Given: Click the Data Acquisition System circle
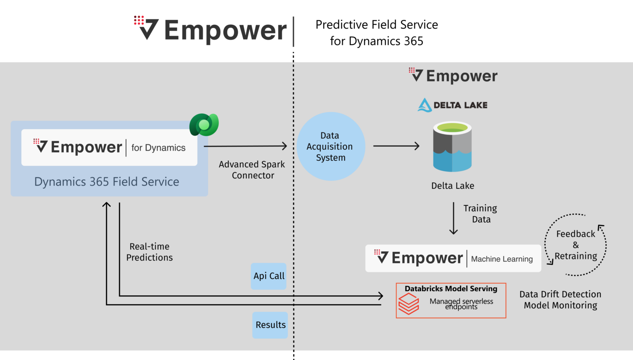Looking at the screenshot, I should [331, 146].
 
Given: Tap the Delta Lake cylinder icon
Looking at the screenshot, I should [452, 147].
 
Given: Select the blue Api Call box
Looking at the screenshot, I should [269, 276].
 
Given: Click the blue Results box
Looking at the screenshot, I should [270, 325].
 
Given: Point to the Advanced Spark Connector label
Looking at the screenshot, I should [252, 170].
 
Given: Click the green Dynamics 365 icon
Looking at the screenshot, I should [204, 125].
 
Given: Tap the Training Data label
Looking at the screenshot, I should [480, 214].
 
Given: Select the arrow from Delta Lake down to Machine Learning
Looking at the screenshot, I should [453, 218].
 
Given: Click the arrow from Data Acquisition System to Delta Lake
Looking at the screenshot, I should [396, 146].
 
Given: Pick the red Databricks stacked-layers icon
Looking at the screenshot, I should [408, 304].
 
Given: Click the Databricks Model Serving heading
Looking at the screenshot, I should [451, 289].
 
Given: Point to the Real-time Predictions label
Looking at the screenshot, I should [149, 252].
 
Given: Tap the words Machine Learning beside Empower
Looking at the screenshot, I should [502, 259].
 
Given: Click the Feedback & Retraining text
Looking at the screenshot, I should [576, 245].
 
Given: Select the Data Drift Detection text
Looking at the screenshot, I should [560, 294].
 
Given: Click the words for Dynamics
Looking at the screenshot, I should [158, 148].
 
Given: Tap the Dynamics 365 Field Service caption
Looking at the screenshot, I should [107, 182].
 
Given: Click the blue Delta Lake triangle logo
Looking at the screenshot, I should [424, 105].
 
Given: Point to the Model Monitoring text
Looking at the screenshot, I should [560, 306].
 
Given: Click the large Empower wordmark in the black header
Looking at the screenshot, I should [225, 31].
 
